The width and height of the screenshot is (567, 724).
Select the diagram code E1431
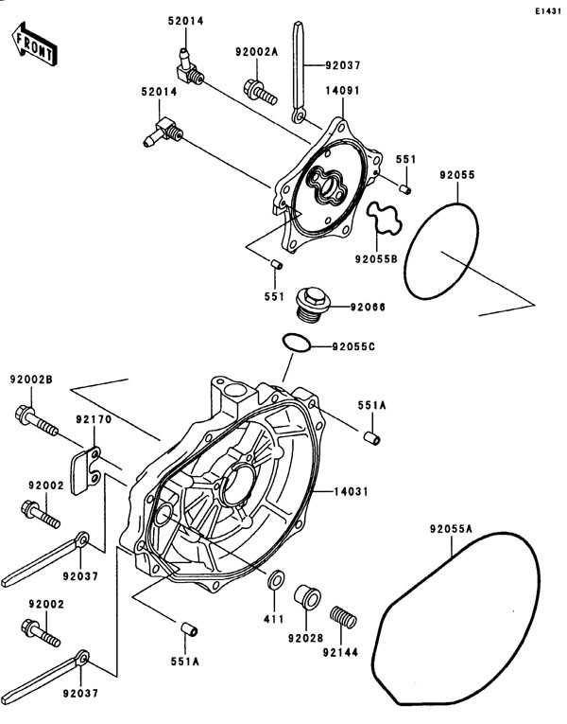click(x=545, y=10)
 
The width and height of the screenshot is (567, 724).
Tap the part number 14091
click(x=341, y=92)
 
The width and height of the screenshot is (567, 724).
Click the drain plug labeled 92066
click(x=313, y=303)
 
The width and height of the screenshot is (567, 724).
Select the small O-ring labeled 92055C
click(x=295, y=344)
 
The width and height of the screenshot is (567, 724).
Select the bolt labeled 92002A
click(x=260, y=91)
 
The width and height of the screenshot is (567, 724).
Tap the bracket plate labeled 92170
click(x=92, y=463)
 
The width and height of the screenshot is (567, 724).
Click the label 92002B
click(x=31, y=380)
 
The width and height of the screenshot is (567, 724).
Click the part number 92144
click(x=342, y=651)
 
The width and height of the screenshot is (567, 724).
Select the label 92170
click(x=94, y=415)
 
